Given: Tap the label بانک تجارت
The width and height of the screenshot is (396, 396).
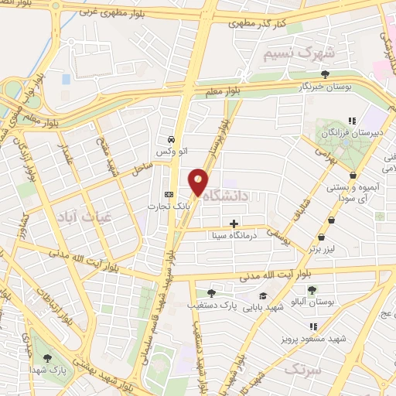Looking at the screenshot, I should [169, 207].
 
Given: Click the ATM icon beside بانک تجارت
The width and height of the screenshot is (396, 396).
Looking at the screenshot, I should [169, 194].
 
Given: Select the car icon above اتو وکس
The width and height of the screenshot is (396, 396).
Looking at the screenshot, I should [169, 140].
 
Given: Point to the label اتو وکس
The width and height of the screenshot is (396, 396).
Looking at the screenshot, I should [169, 152].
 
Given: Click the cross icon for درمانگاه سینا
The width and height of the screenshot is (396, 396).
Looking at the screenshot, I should [234, 224].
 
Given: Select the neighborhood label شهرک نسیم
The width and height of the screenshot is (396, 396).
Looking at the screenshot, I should [299, 53].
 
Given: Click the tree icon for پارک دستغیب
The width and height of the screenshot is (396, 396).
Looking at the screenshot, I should [211, 293].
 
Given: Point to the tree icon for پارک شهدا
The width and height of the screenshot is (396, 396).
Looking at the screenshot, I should [48, 358].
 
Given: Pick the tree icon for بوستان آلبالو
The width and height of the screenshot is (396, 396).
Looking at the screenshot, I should [312, 290].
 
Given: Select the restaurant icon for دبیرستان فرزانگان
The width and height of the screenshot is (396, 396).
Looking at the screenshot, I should [351, 120].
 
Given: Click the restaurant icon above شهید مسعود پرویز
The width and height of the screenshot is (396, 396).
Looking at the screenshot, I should [313, 327].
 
